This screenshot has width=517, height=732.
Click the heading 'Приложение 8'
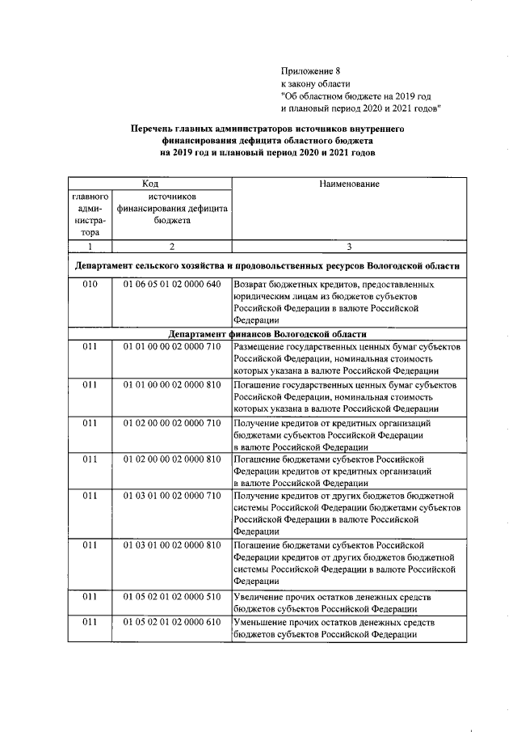point(310,70)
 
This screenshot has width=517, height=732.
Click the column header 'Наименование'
point(349,184)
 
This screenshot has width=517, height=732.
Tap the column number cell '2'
point(171,247)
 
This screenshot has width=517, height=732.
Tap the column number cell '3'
point(349,247)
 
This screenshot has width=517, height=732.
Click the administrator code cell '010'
point(90,285)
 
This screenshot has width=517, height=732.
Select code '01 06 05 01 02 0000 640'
point(171,285)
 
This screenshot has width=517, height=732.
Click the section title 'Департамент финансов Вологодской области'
point(267,334)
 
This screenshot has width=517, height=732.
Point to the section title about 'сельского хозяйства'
point(267,265)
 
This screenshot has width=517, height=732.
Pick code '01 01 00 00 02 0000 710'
point(171,346)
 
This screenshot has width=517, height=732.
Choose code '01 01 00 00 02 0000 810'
point(171,385)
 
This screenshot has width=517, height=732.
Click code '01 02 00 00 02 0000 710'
point(171,423)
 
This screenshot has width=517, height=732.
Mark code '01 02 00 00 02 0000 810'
point(171,459)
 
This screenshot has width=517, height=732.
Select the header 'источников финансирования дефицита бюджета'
point(171,208)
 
